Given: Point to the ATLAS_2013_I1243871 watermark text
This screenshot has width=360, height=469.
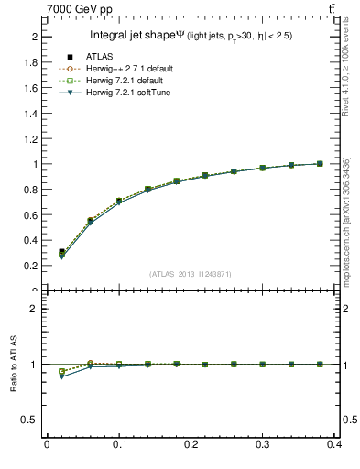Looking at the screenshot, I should click(191, 274).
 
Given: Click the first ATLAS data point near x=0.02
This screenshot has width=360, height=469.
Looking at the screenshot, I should click(61, 251).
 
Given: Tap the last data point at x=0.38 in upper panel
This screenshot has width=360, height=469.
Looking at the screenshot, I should click(320, 164).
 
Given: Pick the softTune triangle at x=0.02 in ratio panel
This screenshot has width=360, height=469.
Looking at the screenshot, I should click(61, 376).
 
